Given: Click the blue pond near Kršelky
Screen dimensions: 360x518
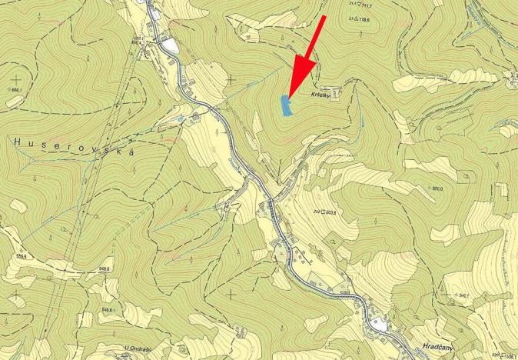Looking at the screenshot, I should tap(287, 106).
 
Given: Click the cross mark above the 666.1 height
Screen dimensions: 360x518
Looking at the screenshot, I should tap(17, 78).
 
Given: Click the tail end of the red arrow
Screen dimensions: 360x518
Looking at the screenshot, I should tap(326, 15).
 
